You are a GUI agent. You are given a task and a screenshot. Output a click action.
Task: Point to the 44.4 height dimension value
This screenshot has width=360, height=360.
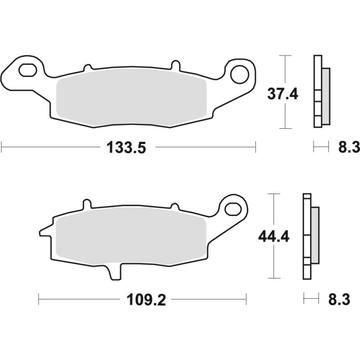pyautogui.click(x=273, y=236)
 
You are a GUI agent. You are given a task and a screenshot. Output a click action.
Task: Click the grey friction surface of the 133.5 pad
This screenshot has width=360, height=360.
pyautogui.click(x=130, y=98)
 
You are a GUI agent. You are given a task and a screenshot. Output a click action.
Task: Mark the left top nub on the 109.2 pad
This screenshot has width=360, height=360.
pyautogui.click(x=85, y=205)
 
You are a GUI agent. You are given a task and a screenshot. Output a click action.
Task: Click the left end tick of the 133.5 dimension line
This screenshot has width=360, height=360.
pyautogui.click(x=2, y=147)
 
